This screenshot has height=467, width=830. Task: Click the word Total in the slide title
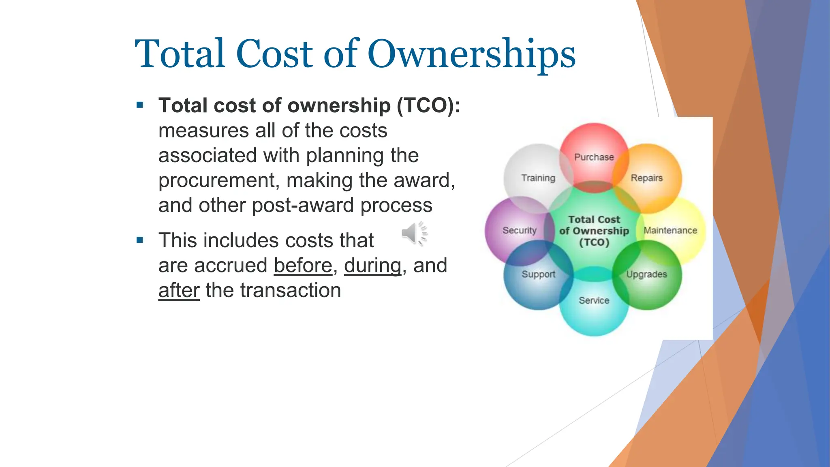pyautogui.click(x=180, y=54)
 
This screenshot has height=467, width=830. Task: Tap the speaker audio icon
pyautogui.click(x=414, y=234)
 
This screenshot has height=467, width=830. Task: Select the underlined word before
pyautogui.click(x=303, y=266)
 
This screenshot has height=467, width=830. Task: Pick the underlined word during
pyautogui.click(x=372, y=266)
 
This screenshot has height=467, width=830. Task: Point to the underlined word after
pyautogui.click(x=179, y=290)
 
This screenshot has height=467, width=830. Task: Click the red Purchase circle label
pyautogui.click(x=594, y=157)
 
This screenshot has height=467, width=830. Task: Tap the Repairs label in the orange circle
pyautogui.click(x=646, y=178)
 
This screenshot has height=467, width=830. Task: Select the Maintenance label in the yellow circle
pyautogui.click(x=670, y=230)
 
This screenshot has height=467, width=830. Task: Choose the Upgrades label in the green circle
pyautogui.click(x=646, y=274)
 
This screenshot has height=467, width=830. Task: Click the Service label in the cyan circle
pyautogui.click(x=594, y=300)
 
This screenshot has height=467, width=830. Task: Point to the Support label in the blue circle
pyautogui.click(x=538, y=274)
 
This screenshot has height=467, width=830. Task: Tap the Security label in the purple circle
pyautogui.click(x=519, y=230)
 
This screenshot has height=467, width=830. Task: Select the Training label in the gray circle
pyautogui.click(x=538, y=178)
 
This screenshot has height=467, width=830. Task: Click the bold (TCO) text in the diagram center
pyautogui.click(x=594, y=242)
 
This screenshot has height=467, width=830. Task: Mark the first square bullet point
pyautogui.click(x=140, y=105)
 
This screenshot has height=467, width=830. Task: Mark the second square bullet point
pyautogui.click(x=140, y=240)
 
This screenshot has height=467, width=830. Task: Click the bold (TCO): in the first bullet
pyautogui.click(x=428, y=105)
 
